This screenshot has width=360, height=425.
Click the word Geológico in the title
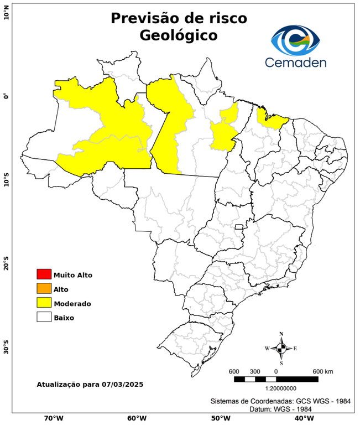[179, 35]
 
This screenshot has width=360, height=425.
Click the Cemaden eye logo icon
[295, 39]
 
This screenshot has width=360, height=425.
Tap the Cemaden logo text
[295, 61]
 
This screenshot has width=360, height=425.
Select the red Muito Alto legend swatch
[44, 274]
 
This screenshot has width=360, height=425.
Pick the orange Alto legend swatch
[44, 288]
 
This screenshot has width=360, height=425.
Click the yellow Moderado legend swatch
[44, 303]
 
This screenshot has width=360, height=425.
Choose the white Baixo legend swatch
[44, 317]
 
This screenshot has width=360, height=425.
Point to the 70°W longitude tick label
[54, 418]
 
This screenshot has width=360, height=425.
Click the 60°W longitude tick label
[137, 418]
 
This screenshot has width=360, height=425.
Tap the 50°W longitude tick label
[220, 418]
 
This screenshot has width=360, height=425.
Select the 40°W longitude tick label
[302, 418]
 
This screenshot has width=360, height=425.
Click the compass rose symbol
[281, 348]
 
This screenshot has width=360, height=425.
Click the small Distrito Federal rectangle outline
[239, 227]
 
